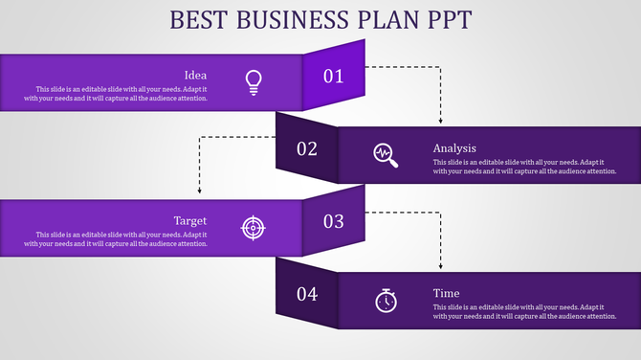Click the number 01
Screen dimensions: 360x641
333,77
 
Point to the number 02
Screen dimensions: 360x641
307,148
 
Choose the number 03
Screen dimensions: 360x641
333,221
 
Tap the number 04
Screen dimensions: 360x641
307,294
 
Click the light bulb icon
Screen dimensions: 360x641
253,81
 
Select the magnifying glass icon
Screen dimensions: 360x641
386,154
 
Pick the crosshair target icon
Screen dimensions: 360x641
253,227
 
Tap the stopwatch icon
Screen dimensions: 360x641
386,300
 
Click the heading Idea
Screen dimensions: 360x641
195,75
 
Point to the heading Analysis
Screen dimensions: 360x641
454,147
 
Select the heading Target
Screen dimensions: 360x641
190,220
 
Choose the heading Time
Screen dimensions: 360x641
446,293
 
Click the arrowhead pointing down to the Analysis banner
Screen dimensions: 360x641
440,121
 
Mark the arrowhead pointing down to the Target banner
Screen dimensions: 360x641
199,192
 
